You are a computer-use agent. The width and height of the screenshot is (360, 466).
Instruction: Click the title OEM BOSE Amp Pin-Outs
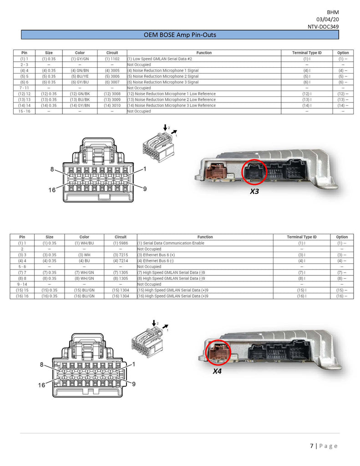tap(179, 35)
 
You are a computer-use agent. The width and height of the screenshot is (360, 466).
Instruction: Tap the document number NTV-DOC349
tap(323, 27)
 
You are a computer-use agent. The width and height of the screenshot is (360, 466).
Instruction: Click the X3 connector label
tap(254, 192)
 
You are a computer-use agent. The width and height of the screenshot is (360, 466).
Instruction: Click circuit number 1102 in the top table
tap(112, 59)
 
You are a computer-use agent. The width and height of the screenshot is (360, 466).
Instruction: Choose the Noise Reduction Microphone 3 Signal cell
tap(163, 82)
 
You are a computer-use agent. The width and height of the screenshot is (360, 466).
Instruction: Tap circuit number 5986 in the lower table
tap(120, 243)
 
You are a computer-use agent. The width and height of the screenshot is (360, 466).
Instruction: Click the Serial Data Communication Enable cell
tap(171, 243)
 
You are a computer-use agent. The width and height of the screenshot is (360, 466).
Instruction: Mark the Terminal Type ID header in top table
tap(306, 53)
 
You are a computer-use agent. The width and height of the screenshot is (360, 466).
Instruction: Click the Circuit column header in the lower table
tap(121, 237)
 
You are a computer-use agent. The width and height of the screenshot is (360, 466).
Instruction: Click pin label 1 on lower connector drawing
tap(134, 364)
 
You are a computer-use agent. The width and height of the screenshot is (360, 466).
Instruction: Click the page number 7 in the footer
tap(312, 446)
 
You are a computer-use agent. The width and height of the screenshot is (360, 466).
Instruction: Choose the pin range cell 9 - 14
tap(22, 284)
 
